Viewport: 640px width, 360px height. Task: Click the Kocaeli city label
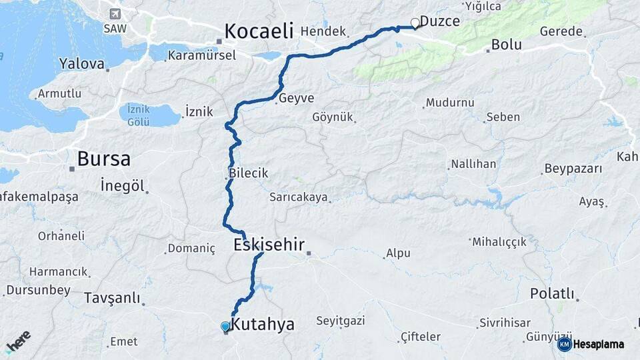[259, 31]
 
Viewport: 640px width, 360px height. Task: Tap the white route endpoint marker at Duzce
[415, 23]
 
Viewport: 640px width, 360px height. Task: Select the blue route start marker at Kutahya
[225, 326]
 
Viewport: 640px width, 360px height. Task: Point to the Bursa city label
[103, 159]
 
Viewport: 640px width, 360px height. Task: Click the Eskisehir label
[268, 245]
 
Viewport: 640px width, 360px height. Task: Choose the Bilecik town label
[248, 173]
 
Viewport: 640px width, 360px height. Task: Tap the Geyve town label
[297, 97]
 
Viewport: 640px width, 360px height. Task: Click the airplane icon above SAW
[115, 14]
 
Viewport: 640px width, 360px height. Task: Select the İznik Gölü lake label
[138, 115]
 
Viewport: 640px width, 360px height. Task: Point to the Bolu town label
[506, 45]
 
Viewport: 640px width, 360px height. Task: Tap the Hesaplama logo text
[598, 344]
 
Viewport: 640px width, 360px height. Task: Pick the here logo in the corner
[18, 342]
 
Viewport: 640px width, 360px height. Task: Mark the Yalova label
[82, 64]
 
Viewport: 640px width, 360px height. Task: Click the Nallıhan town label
[473, 164]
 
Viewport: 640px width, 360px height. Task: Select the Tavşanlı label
[111, 298]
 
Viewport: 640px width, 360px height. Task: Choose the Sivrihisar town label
[505, 323]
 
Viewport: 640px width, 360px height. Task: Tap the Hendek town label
[323, 31]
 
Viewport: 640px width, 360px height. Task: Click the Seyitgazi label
[340, 321]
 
